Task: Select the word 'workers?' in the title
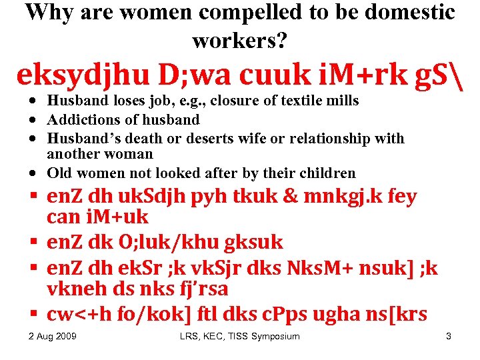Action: (x=240, y=41)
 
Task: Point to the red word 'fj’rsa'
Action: (x=199, y=288)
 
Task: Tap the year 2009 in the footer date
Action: (x=65, y=337)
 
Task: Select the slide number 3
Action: (x=449, y=337)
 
